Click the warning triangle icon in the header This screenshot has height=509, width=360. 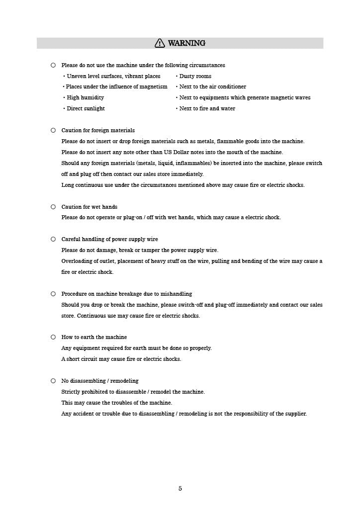pyautogui.click(x=160, y=43)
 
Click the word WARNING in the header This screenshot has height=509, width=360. pyautogui.click(x=186, y=43)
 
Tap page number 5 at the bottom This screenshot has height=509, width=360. pyautogui.click(x=180, y=489)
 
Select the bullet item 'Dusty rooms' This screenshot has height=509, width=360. pyautogui.click(x=195, y=76)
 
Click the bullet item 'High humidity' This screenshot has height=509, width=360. pyautogui.click(x=85, y=97)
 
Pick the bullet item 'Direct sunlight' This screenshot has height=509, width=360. pyautogui.click(x=86, y=108)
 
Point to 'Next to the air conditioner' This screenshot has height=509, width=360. pyautogui.click(x=212, y=86)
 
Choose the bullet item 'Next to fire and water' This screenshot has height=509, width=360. pyautogui.click(x=207, y=108)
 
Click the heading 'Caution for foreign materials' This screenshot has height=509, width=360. pyautogui.click(x=98, y=130)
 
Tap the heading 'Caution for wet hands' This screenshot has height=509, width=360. pyautogui.click(x=90, y=207)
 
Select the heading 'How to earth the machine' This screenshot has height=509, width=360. pyautogui.click(x=94, y=337)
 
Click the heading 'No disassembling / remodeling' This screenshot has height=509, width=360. pyautogui.click(x=100, y=381)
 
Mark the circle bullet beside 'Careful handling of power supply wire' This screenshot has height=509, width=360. pyautogui.click(x=53, y=239)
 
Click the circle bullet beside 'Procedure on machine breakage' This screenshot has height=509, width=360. pyautogui.click(x=53, y=294)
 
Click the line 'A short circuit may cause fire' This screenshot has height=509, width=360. pyautogui.click(x=121, y=359)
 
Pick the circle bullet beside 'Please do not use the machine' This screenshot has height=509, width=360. pyautogui.click(x=53, y=65)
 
